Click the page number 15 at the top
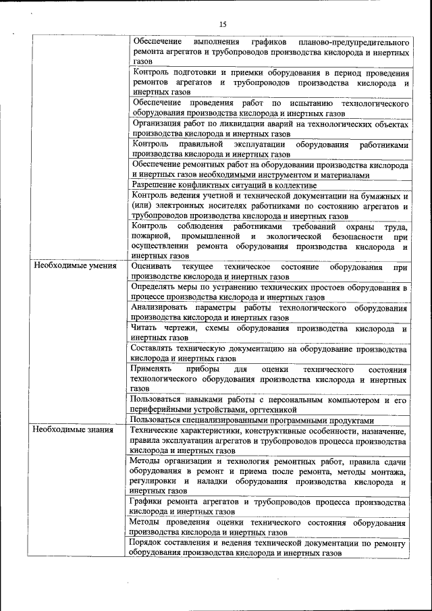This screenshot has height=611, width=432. (x=223, y=25)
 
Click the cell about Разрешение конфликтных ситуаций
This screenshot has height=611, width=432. (x=224, y=185)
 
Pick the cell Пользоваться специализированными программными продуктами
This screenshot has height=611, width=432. (x=252, y=419)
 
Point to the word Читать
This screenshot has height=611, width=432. (x=146, y=328)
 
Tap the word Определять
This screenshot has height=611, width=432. (x=155, y=288)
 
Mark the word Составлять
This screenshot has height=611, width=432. (x=156, y=349)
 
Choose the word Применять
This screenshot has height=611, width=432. (x=155, y=369)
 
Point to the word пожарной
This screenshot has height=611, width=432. (x=150, y=237)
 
